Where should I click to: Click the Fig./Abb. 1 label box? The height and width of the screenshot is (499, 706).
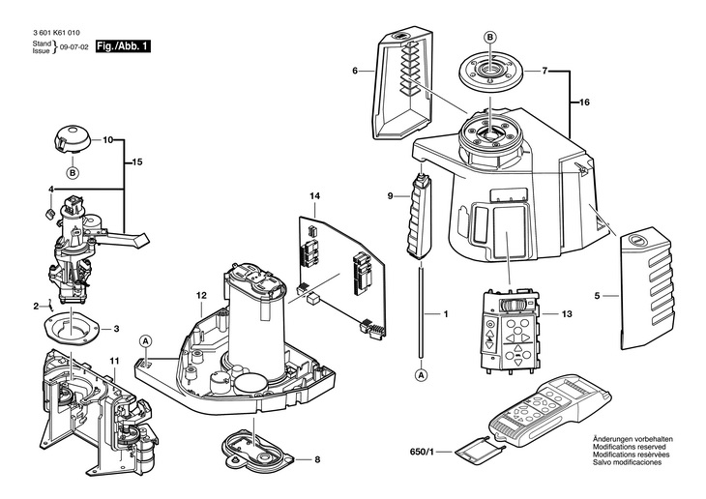click(123, 45)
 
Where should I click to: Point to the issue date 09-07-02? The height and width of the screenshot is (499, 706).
click(74, 45)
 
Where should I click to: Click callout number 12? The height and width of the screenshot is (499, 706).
click(201, 295)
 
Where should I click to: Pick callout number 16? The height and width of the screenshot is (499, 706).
click(584, 102)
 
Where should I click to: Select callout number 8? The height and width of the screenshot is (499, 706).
click(316, 460)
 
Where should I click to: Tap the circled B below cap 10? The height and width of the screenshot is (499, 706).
click(72, 173)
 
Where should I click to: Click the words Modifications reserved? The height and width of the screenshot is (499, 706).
click(633, 448)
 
